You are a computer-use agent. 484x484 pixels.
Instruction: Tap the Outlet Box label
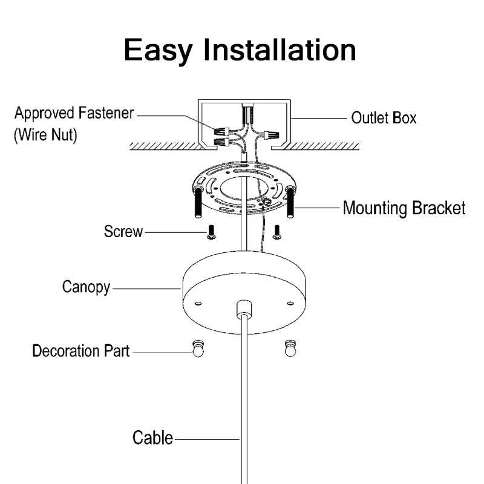[x=384, y=117]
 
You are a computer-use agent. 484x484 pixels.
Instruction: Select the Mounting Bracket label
[x=404, y=208]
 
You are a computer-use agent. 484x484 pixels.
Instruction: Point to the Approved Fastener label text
[x=74, y=114]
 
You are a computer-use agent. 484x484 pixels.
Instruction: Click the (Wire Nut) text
[x=46, y=135]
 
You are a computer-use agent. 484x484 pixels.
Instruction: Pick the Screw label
[x=123, y=231]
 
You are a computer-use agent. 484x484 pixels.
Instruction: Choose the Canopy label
[x=86, y=286]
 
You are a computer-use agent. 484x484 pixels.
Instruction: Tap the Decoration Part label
[x=80, y=351]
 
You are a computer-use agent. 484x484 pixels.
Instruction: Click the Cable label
[x=152, y=437]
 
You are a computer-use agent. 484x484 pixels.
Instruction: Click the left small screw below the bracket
[x=211, y=232]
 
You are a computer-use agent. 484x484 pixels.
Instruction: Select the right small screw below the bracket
[x=277, y=232]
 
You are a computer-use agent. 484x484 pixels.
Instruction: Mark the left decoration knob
[x=198, y=349]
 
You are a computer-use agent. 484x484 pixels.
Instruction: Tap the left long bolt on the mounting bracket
[x=197, y=204]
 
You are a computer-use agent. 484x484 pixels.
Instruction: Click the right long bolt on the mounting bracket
[x=290, y=204]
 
